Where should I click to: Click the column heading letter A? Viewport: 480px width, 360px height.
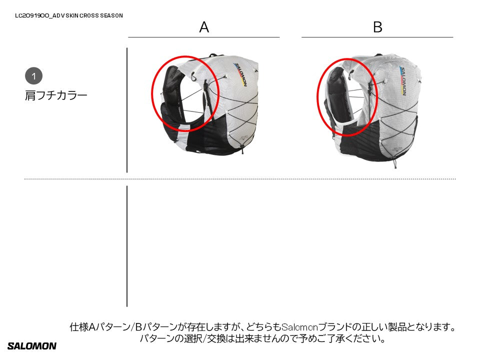[204, 27]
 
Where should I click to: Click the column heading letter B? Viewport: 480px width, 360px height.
[377, 27]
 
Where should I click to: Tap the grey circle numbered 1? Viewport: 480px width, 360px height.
[33, 76]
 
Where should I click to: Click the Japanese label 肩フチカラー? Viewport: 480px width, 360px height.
[56, 95]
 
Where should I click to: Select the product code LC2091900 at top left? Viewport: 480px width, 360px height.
[32, 15]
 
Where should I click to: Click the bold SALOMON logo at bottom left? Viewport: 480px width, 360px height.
[32, 346]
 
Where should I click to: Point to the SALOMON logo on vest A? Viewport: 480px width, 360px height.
[240, 74]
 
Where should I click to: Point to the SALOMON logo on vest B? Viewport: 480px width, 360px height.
[403, 81]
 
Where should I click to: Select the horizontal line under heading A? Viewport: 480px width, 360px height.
[204, 37]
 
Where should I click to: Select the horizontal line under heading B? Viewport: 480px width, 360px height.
[377, 37]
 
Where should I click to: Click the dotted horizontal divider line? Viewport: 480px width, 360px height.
[240, 179]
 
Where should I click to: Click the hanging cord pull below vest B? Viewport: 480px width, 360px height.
[395, 164]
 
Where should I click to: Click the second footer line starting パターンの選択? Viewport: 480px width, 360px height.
[262, 338]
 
